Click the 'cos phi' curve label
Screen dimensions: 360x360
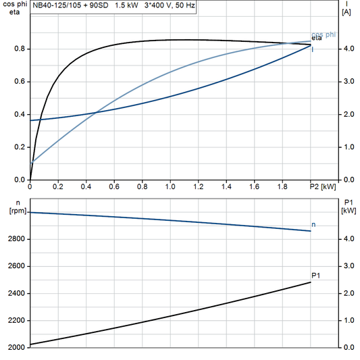tap(324, 34)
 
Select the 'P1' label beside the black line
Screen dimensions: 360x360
tap(315, 275)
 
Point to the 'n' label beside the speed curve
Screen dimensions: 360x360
tap(313, 224)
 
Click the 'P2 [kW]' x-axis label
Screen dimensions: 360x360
tap(323, 186)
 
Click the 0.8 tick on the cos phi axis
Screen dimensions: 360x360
tap(19, 49)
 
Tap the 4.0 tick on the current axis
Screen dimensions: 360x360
tap(348, 49)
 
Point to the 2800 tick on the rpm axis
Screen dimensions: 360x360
tap(15, 239)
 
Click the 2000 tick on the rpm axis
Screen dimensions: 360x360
tap(15, 347)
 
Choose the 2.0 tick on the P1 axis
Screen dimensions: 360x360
tap(348, 293)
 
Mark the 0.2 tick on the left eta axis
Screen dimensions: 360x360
tap(19, 147)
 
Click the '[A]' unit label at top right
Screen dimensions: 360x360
tap(346, 12)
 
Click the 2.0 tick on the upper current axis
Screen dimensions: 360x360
tap(348, 114)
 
